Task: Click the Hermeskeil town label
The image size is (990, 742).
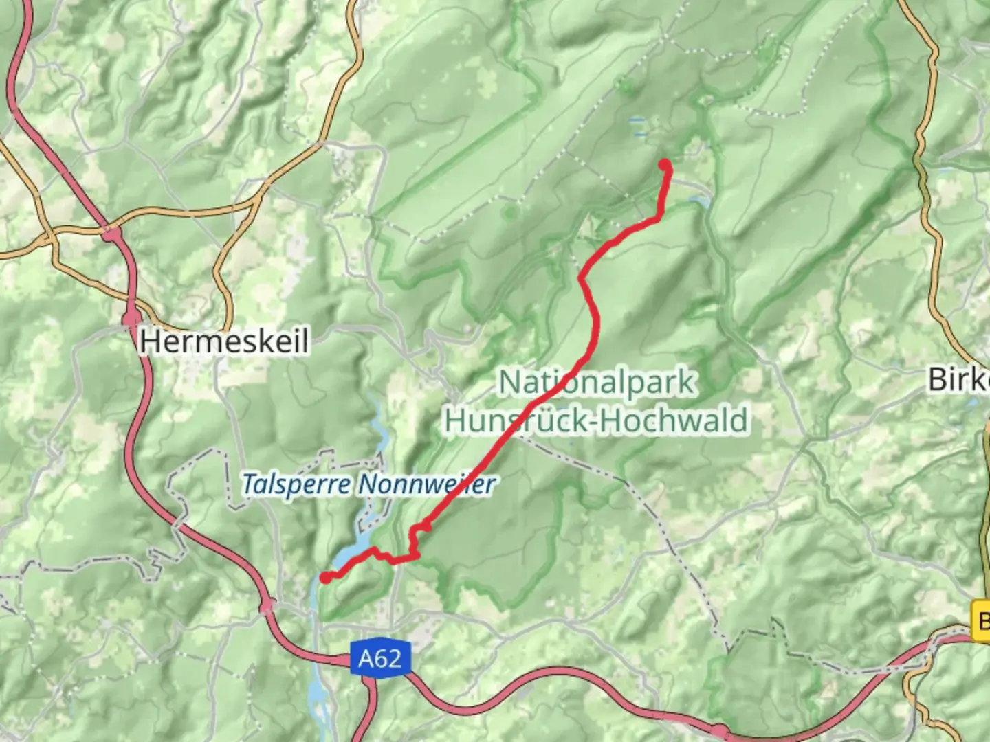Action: click(224, 341)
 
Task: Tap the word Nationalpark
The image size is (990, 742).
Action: click(597, 382)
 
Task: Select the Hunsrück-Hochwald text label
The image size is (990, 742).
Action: click(597, 420)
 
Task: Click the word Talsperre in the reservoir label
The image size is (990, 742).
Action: click(296, 485)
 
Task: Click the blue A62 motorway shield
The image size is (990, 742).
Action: click(379, 659)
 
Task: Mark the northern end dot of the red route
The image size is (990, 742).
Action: click(665, 165)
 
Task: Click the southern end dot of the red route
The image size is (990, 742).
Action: click(325, 578)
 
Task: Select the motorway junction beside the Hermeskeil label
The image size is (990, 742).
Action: click(131, 317)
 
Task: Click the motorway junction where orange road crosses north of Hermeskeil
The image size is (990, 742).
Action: click(111, 234)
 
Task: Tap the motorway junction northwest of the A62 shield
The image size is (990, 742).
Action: click(268, 605)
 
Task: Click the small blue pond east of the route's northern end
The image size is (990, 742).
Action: click(699, 201)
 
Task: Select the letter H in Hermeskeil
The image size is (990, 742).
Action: click(149, 341)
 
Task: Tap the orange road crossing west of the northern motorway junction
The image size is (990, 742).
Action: click(49, 240)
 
